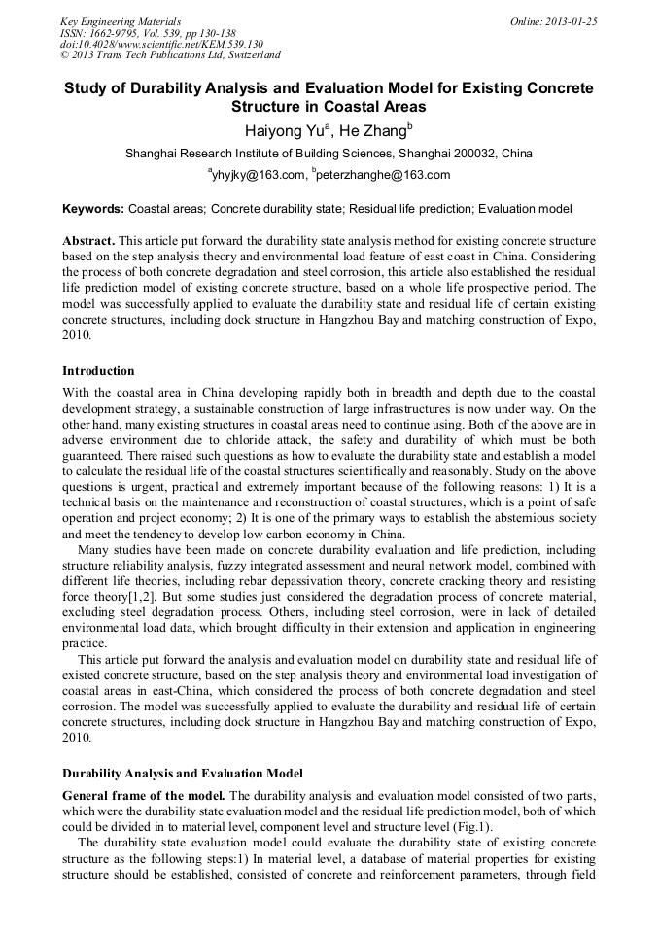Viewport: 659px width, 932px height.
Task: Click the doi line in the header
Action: pos(161,45)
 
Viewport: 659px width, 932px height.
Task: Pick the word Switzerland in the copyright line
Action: pos(246,56)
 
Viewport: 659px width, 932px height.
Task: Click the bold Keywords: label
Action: pos(93,209)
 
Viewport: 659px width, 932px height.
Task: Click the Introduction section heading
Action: pos(98,371)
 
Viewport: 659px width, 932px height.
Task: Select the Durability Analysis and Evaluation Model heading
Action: pos(183,774)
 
